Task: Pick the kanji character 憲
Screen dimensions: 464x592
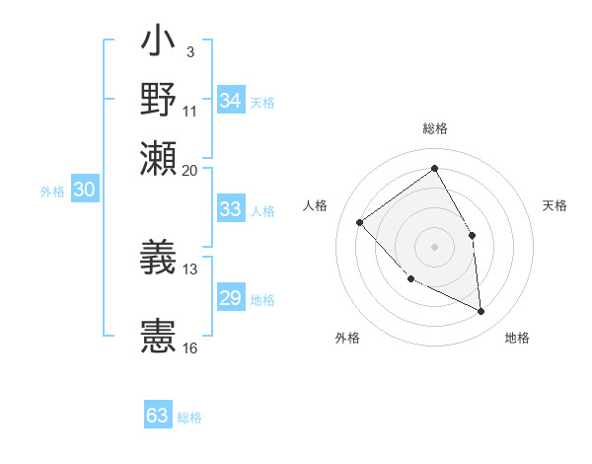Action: point(158,336)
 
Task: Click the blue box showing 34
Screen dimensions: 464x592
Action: point(230,102)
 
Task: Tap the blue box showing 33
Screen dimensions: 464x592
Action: point(230,209)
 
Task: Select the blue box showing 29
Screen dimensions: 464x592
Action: point(230,299)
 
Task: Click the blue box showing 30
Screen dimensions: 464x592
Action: point(84,191)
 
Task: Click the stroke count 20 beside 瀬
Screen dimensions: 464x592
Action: point(190,169)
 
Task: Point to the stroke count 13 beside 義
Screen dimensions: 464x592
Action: point(190,269)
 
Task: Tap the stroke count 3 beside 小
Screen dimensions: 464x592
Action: point(189,50)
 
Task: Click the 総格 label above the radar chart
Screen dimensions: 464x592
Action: point(435,129)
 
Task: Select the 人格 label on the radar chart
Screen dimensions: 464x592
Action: point(316,205)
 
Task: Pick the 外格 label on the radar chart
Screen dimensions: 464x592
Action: point(347,339)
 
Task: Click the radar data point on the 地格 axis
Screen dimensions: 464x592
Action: point(481,311)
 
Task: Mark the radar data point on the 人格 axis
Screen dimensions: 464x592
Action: point(360,222)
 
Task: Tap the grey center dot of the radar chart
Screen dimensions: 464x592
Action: point(434,246)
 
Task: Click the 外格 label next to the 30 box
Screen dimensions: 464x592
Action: point(51,193)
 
